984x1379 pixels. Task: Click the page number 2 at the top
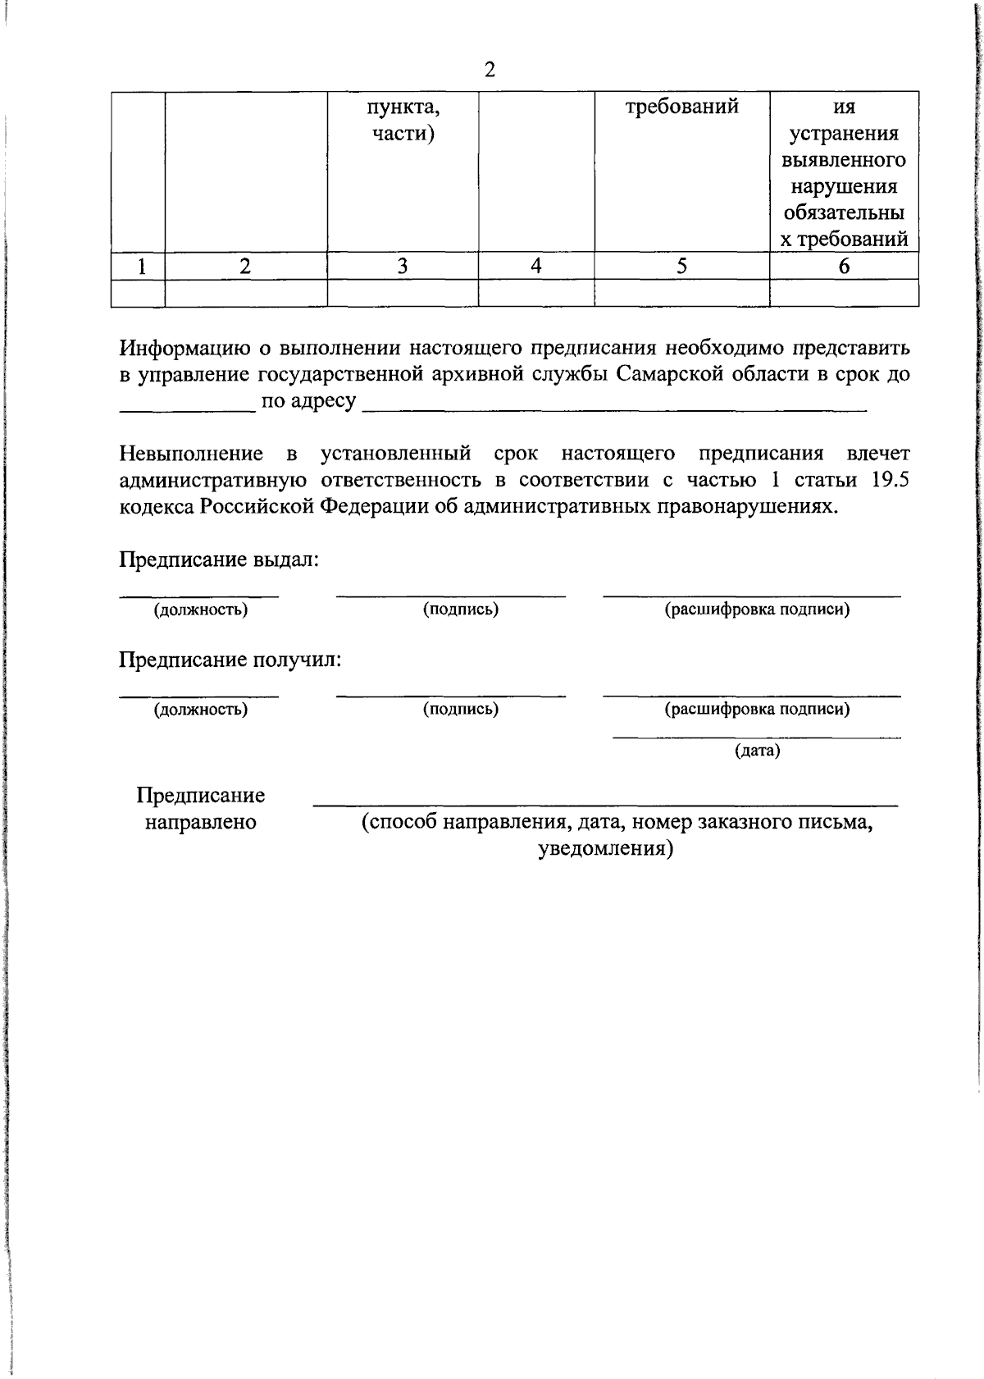(490, 70)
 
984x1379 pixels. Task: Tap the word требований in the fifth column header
(681, 107)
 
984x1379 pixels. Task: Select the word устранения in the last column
(843, 134)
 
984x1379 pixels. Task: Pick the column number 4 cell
(535, 266)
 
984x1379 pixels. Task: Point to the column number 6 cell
(843, 266)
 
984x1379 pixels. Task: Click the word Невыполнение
(191, 454)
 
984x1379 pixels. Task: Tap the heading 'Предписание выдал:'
(219, 559)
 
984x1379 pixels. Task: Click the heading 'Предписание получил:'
(230, 660)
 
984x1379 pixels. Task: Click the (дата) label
(756, 750)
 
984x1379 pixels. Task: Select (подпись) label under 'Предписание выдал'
(460, 610)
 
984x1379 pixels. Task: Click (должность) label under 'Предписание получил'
(200, 710)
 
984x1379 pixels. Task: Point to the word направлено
(200, 822)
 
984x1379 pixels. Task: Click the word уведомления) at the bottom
(605, 848)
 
